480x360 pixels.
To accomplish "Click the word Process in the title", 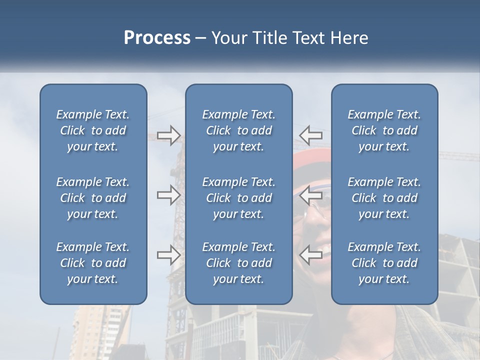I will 157,38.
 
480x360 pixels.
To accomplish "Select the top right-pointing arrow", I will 168,135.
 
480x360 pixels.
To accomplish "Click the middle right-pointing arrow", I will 168,195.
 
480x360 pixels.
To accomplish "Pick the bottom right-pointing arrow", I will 168,255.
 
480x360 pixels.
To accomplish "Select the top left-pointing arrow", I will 310,134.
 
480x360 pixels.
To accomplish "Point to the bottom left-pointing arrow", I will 310,254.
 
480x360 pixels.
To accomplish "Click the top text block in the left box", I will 93,130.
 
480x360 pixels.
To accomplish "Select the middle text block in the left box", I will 93,198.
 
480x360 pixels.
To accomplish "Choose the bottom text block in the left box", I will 93,263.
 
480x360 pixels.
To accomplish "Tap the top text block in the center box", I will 239,130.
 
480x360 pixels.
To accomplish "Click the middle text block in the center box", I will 239,198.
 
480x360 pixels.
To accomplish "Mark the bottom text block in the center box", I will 239,263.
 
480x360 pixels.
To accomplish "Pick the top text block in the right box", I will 384,130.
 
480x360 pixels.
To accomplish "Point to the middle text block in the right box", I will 384,198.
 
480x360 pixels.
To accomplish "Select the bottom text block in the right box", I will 384,263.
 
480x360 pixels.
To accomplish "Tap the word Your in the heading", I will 227,38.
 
